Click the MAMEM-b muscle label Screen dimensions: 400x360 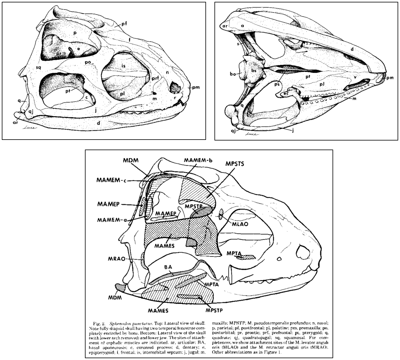pos(198,160)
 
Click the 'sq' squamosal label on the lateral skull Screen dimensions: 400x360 pos(39,67)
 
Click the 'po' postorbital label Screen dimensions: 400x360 pos(88,63)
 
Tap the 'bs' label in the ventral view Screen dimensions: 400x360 pos(254,71)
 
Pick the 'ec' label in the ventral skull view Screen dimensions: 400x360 pos(286,93)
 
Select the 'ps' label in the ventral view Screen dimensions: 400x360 pos(278,84)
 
